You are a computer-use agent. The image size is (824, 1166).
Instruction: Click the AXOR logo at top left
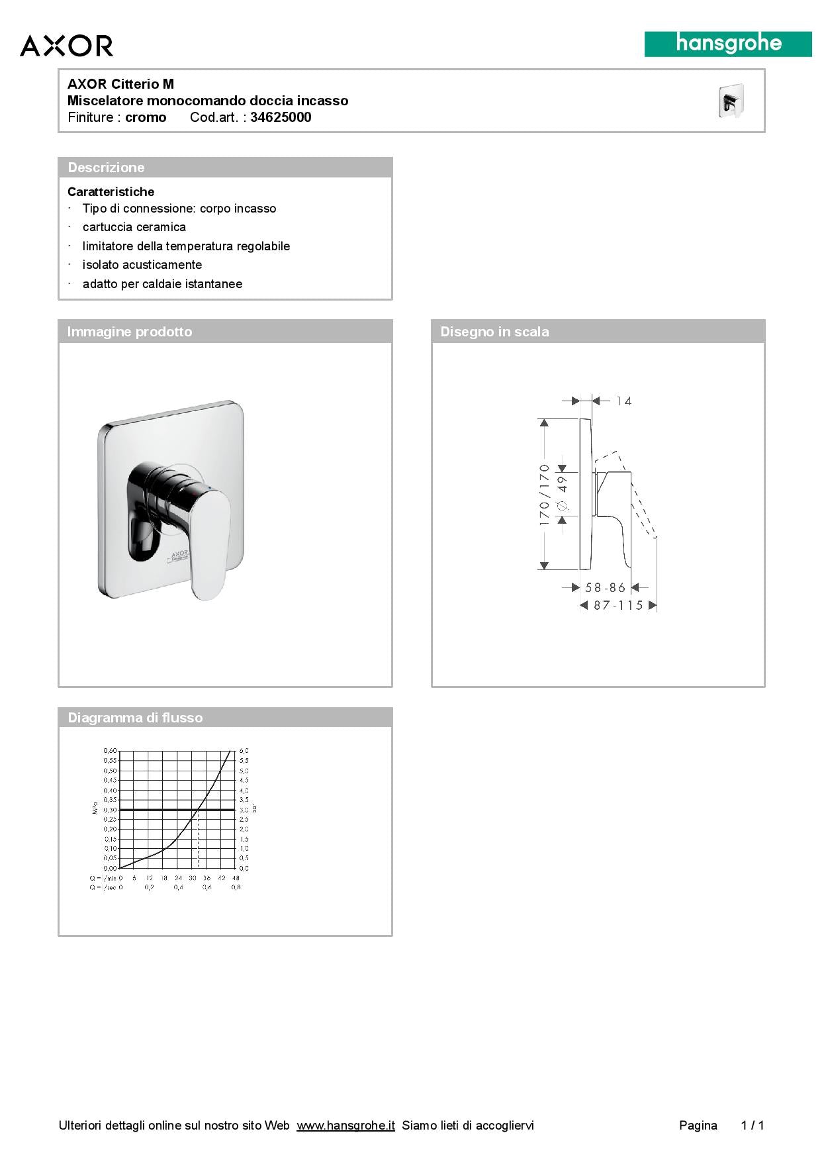[66, 46]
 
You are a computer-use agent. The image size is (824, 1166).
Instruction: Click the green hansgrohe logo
[728, 44]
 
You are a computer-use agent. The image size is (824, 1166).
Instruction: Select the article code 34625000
[281, 117]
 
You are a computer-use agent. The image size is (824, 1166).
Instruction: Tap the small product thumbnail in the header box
[731, 101]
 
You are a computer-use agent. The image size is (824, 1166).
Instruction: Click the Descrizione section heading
[106, 168]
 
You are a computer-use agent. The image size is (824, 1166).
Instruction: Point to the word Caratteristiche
[111, 192]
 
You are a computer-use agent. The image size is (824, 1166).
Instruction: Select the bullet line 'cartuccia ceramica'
[134, 227]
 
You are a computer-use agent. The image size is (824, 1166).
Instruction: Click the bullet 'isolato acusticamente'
[142, 265]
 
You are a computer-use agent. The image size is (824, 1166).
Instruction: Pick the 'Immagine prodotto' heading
[129, 332]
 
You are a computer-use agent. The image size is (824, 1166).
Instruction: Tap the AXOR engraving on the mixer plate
[180, 552]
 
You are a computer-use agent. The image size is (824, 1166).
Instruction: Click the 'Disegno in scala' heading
[494, 332]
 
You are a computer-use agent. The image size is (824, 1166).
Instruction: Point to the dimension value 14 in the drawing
[623, 401]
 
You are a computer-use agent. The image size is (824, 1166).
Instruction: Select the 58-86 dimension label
[605, 587]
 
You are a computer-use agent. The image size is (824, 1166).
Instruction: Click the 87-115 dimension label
[618, 605]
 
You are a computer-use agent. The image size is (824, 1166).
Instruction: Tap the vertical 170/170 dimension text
[545, 495]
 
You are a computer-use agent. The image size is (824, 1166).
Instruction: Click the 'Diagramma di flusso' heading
[135, 718]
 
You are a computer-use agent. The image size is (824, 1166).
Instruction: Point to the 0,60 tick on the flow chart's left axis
[110, 751]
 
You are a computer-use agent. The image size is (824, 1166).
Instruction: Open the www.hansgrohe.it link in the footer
[345, 1125]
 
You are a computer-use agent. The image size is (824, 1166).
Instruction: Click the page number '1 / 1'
[753, 1125]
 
